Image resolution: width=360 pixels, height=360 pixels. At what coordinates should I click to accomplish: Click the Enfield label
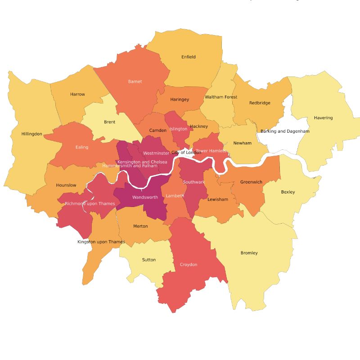(x=189, y=57)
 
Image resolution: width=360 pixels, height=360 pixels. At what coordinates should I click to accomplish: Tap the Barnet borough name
(x=135, y=81)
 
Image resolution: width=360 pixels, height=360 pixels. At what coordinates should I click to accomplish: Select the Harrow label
(x=77, y=94)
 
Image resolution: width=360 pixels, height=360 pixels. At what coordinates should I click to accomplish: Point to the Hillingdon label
(x=31, y=134)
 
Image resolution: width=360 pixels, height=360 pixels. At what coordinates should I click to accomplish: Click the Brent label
(x=109, y=122)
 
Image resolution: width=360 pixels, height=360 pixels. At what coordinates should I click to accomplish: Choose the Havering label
(x=323, y=118)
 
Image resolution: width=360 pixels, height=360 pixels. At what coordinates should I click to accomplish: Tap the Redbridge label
(x=260, y=103)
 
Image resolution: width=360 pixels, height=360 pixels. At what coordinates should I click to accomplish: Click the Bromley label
(x=249, y=253)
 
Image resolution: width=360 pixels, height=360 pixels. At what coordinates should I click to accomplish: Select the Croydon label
(x=189, y=265)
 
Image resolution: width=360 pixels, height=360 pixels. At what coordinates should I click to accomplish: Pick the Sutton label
(x=149, y=260)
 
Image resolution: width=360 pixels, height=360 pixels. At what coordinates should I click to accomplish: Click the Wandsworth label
(x=145, y=198)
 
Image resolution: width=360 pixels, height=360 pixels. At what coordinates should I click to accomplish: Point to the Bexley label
(x=288, y=192)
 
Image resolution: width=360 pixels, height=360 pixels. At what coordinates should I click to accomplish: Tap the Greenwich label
(x=251, y=182)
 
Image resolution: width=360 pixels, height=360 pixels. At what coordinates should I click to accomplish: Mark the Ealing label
(x=82, y=147)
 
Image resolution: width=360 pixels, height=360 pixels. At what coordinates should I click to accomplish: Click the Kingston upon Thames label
(x=101, y=242)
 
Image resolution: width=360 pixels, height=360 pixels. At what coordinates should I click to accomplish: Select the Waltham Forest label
(x=220, y=97)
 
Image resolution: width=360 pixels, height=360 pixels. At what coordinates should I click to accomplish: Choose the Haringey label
(x=180, y=99)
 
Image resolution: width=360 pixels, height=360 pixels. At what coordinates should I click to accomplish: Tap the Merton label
(x=140, y=226)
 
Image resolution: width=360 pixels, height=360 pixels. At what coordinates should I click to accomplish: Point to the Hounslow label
(x=66, y=185)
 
